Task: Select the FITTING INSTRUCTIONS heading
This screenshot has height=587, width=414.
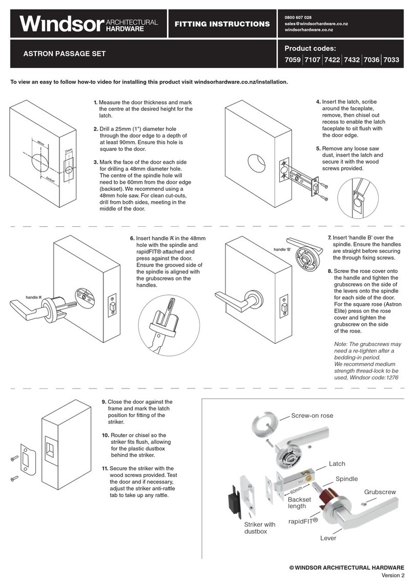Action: pos(222,24)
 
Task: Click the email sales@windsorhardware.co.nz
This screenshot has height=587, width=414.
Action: pos(316,24)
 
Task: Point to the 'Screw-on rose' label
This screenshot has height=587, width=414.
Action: pos(312,416)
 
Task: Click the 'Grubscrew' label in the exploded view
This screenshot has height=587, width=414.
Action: pos(380,492)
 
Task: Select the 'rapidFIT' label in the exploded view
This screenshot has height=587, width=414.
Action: pos(302,522)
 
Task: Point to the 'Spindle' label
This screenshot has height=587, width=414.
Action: pos(346,479)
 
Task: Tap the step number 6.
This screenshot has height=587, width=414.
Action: pos(132,238)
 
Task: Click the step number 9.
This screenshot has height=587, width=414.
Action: pos(103,402)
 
